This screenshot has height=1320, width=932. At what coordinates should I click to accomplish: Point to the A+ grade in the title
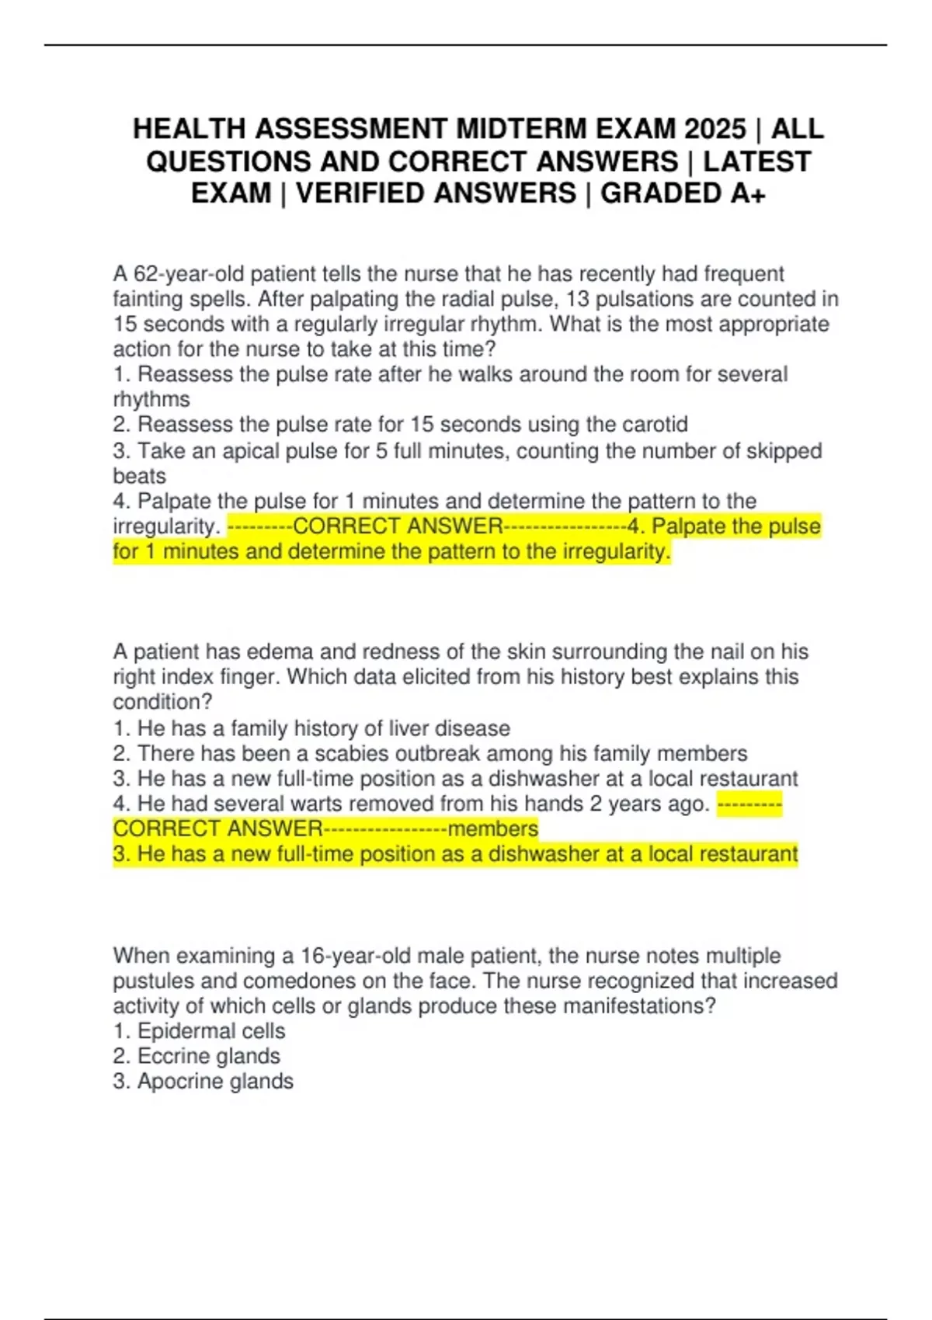[x=748, y=193]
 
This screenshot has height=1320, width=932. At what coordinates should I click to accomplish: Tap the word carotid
[x=655, y=425]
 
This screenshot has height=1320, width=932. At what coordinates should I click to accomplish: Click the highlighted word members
[x=493, y=828]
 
